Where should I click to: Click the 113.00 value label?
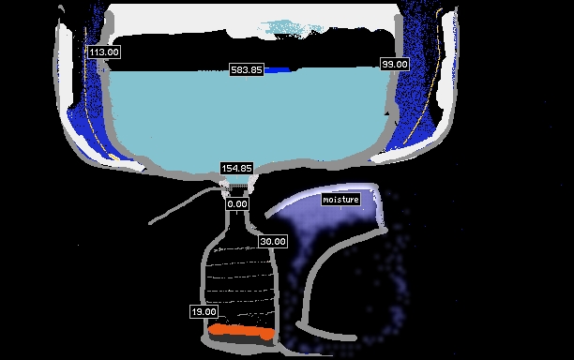tap(104, 52)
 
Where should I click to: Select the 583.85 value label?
tap(247, 69)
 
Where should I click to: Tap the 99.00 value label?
tap(395, 65)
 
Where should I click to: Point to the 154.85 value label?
tap(237, 169)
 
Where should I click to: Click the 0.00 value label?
tap(237, 203)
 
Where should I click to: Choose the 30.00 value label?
tap(273, 242)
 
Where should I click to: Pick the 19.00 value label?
tap(204, 311)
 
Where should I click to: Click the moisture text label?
tap(340, 200)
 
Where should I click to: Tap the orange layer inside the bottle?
tap(242, 331)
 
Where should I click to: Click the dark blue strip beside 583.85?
tap(277, 69)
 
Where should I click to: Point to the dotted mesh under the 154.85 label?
tap(237, 187)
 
